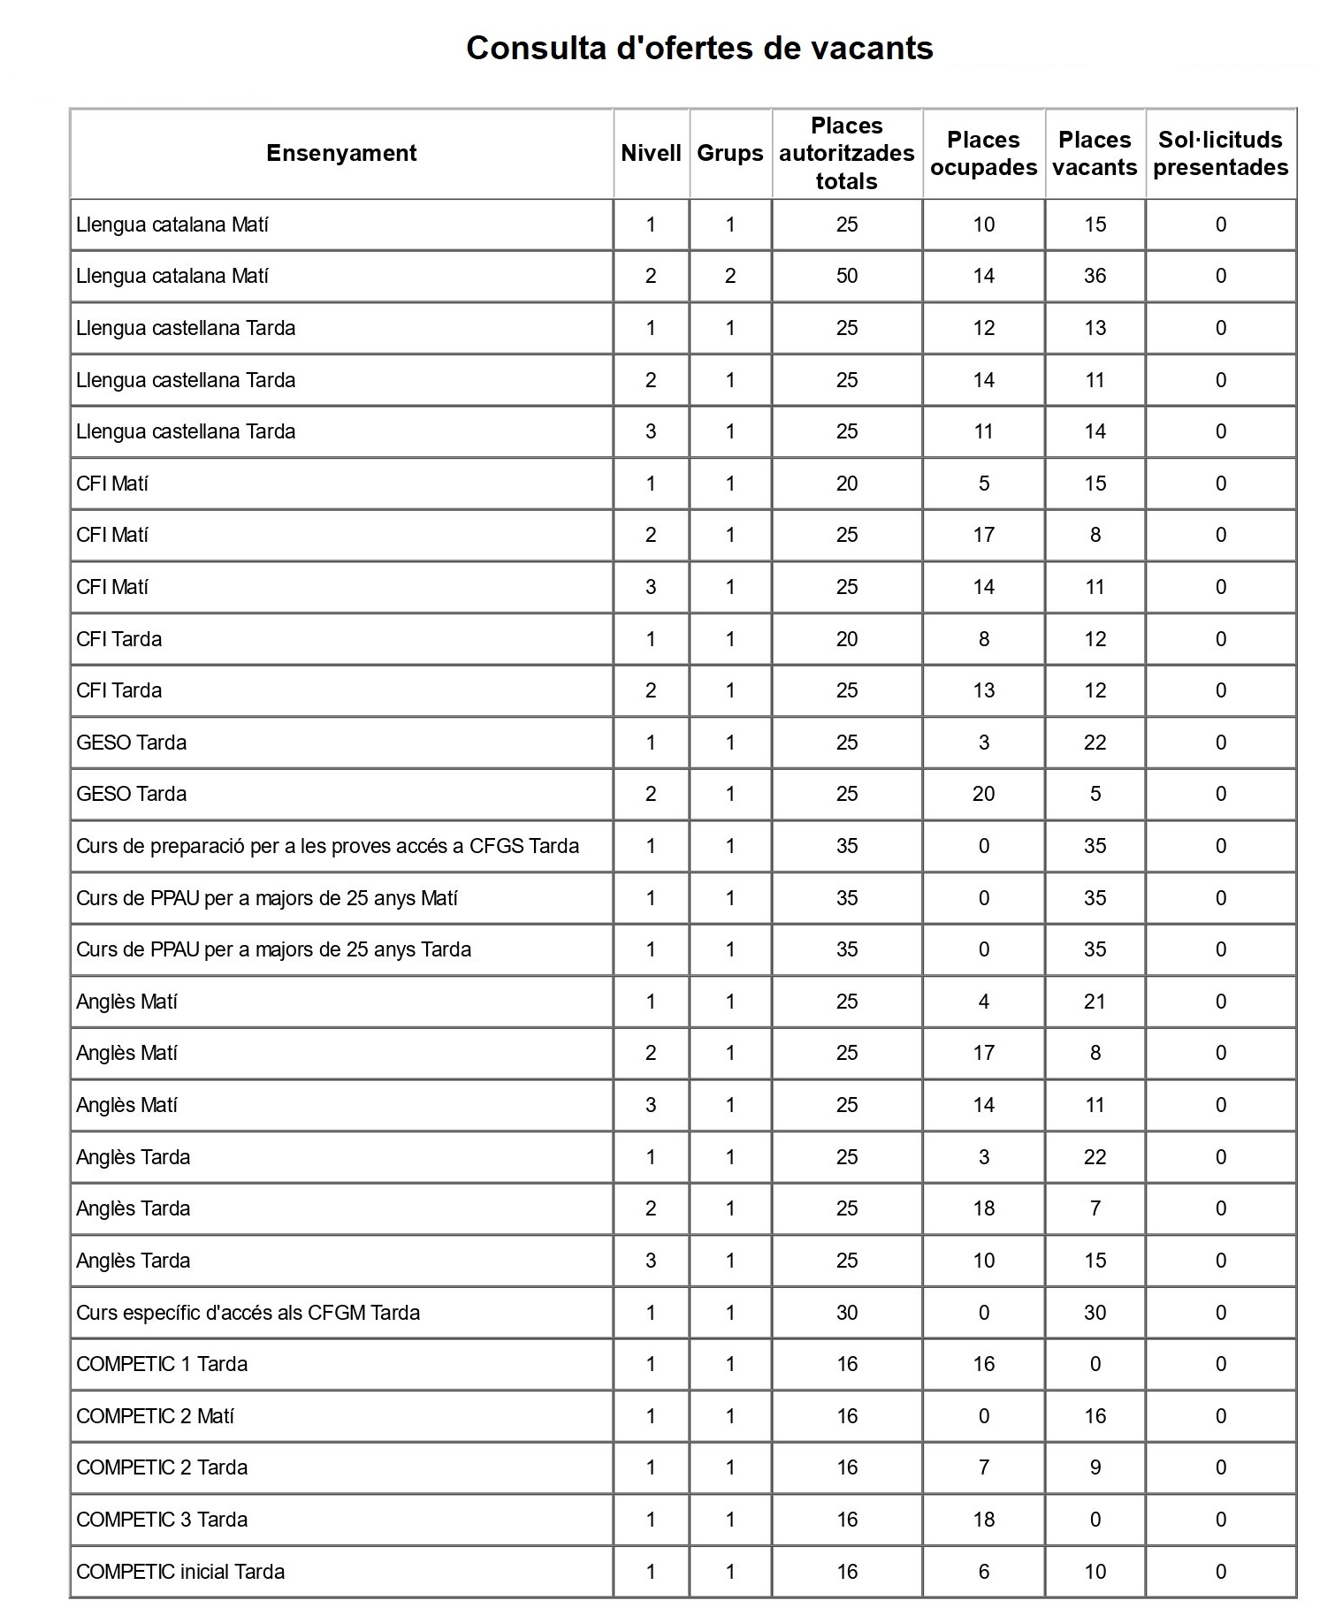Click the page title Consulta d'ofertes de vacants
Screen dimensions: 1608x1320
pos(699,48)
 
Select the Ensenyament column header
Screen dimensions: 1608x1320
pos(341,153)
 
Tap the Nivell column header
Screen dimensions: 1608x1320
pos(651,153)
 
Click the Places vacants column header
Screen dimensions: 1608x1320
pos(1095,153)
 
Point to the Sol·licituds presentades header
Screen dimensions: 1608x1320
pos(1220,153)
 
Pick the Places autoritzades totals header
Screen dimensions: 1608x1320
pos(846,153)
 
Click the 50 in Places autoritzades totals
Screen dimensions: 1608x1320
pos(847,276)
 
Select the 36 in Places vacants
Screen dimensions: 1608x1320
pos(1095,276)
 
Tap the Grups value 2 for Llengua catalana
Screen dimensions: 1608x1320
pos(730,276)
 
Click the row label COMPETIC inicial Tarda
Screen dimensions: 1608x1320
pos(180,1571)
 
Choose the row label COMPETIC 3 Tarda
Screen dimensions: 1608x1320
pos(162,1520)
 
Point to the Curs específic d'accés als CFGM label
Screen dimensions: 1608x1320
pos(248,1313)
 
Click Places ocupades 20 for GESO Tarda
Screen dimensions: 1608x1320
pos(983,794)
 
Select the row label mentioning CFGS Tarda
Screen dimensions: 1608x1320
pos(327,846)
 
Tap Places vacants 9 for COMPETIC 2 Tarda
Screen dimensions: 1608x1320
pos(1095,1467)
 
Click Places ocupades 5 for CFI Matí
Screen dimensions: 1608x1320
pos(983,484)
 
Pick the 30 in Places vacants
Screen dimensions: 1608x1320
pos(1095,1313)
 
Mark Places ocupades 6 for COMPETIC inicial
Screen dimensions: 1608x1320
pos(983,1571)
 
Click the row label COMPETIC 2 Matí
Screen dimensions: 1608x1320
pos(155,1416)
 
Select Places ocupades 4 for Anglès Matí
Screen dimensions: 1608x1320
pos(983,1002)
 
